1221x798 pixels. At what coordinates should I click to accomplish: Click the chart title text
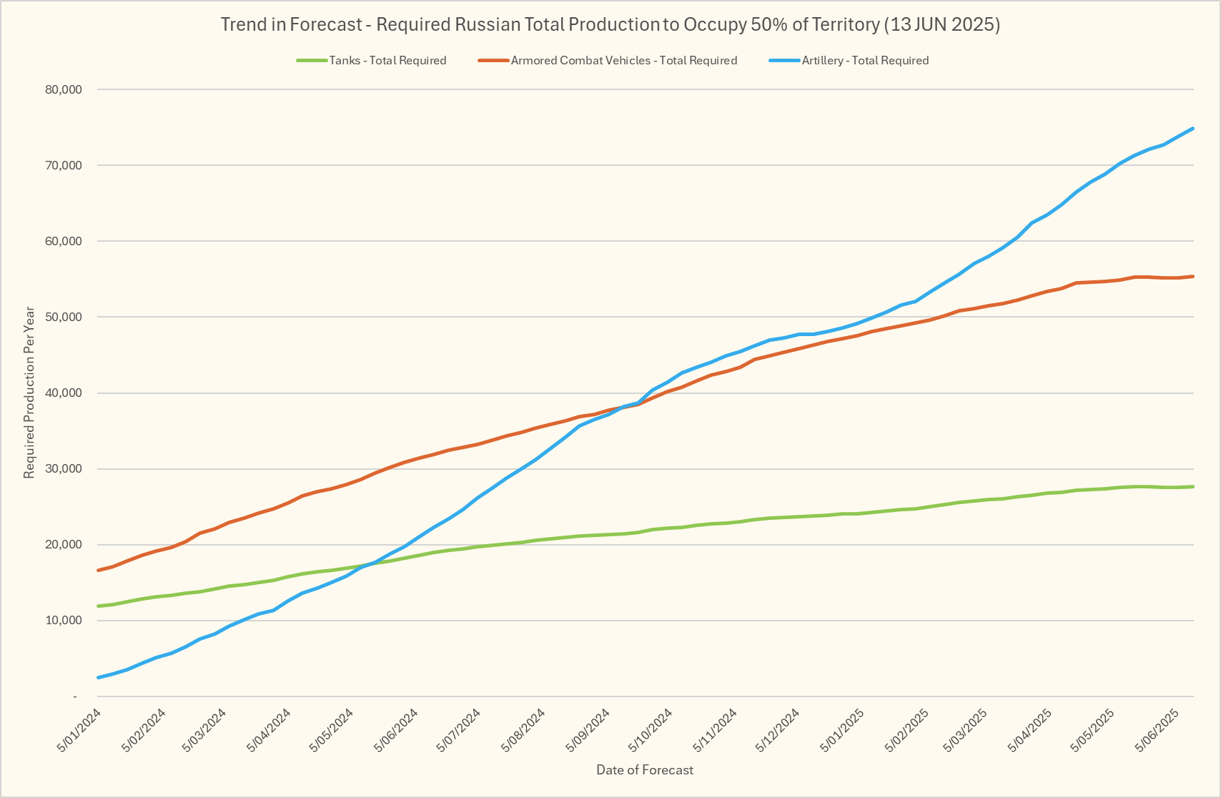610,24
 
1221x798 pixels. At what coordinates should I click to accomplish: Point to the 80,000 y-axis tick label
64,90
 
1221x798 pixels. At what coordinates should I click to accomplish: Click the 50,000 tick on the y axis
64,317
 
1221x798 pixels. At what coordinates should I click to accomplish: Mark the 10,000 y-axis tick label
64,621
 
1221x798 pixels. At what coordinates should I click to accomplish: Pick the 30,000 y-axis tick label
64,469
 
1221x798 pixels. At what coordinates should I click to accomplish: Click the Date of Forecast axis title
645,770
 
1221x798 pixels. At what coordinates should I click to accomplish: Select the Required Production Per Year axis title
29,393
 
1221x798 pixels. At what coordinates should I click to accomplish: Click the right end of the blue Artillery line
1192,129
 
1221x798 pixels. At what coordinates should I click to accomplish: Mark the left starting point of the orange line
98,570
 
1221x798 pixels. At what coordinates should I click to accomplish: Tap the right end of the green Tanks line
1192,487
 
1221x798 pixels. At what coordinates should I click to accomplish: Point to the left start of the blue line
98,677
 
